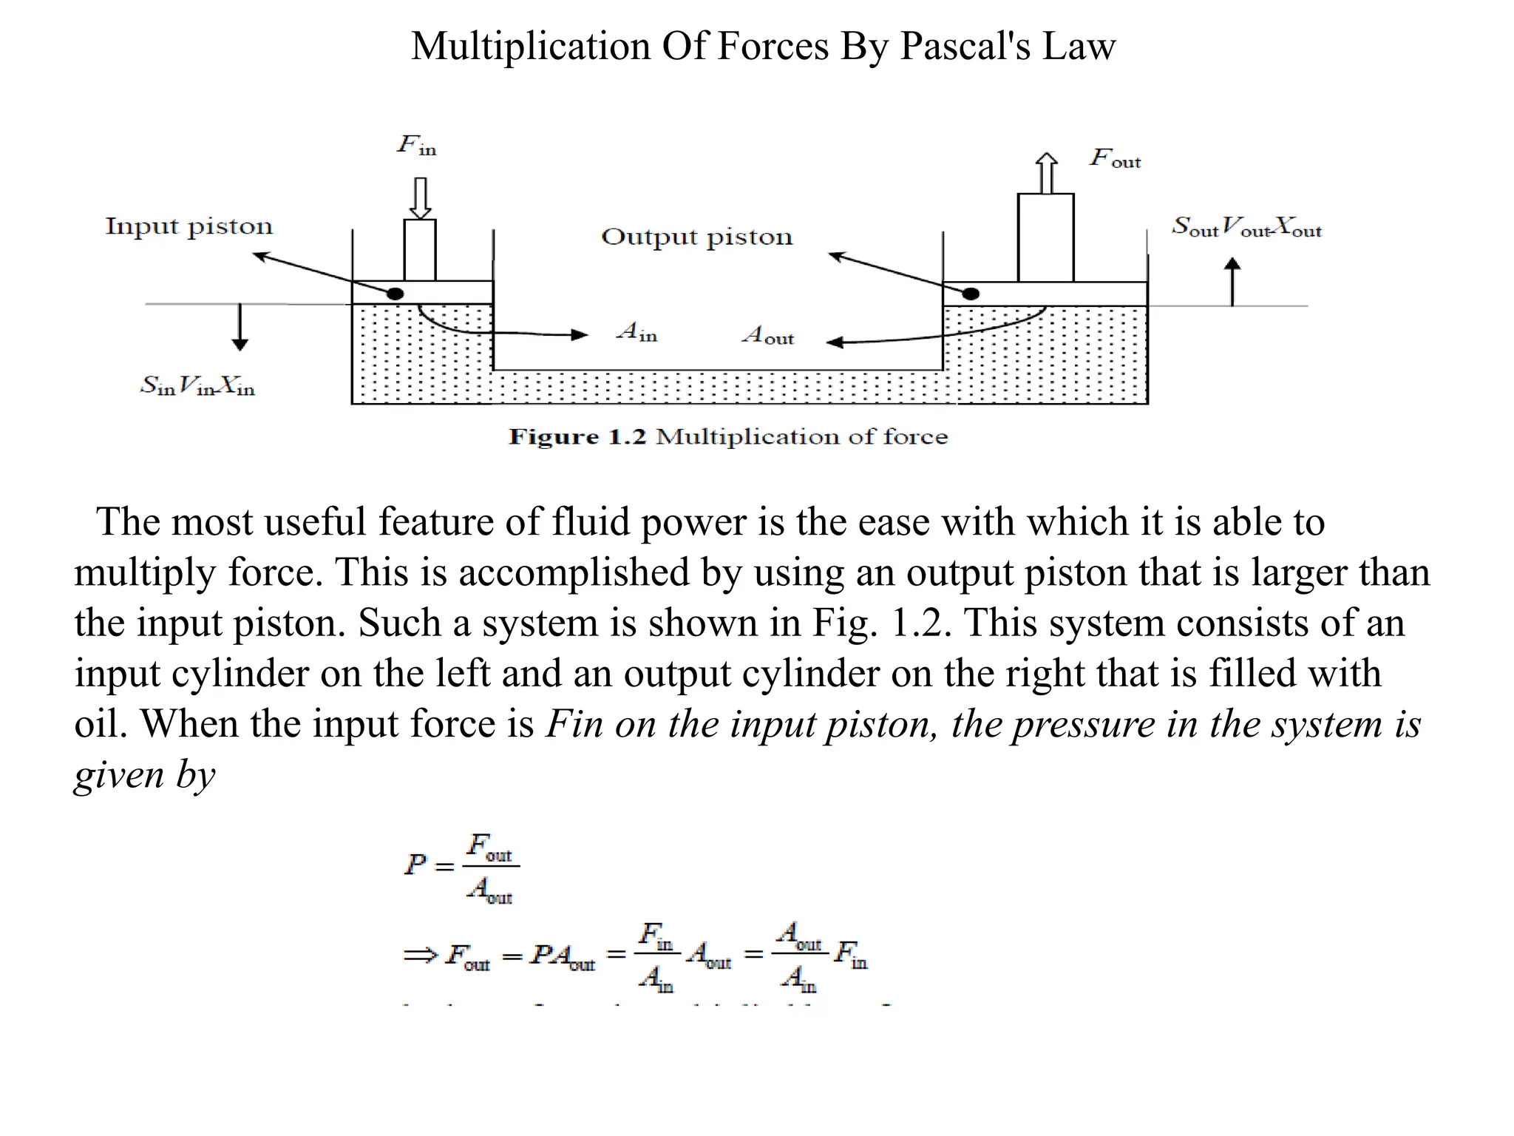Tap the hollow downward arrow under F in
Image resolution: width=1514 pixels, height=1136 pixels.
pos(420,197)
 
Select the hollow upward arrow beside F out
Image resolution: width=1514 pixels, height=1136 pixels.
pos(1045,173)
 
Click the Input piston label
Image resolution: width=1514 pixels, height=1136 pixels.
pos(189,226)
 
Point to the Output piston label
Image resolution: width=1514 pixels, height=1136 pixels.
pos(696,237)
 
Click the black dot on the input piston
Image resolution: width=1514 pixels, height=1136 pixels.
pos(396,294)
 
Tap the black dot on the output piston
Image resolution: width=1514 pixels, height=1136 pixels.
pos(971,294)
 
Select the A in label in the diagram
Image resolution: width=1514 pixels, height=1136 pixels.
pos(637,332)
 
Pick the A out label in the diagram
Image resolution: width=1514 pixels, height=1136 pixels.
pos(769,336)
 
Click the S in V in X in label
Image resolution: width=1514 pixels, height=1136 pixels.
pos(198,385)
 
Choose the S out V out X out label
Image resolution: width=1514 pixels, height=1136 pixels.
pos(1246,226)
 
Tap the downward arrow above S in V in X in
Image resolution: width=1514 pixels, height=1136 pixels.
pos(240,326)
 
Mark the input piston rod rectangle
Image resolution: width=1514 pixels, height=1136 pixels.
pos(420,250)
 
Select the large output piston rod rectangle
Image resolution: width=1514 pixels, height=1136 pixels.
pos(1045,237)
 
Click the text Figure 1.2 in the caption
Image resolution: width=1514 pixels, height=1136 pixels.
pos(577,437)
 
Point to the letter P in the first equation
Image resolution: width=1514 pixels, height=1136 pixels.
pos(415,864)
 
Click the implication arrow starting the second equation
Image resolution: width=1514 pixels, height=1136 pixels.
pos(421,956)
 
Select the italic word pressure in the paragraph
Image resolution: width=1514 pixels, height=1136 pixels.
pos(1084,724)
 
